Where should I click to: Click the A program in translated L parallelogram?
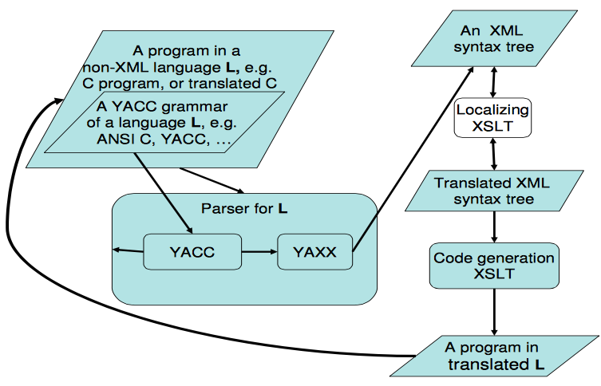click(492, 356)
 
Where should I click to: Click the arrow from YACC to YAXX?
click(259, 253)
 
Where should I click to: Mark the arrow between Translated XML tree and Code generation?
click(496, 227)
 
